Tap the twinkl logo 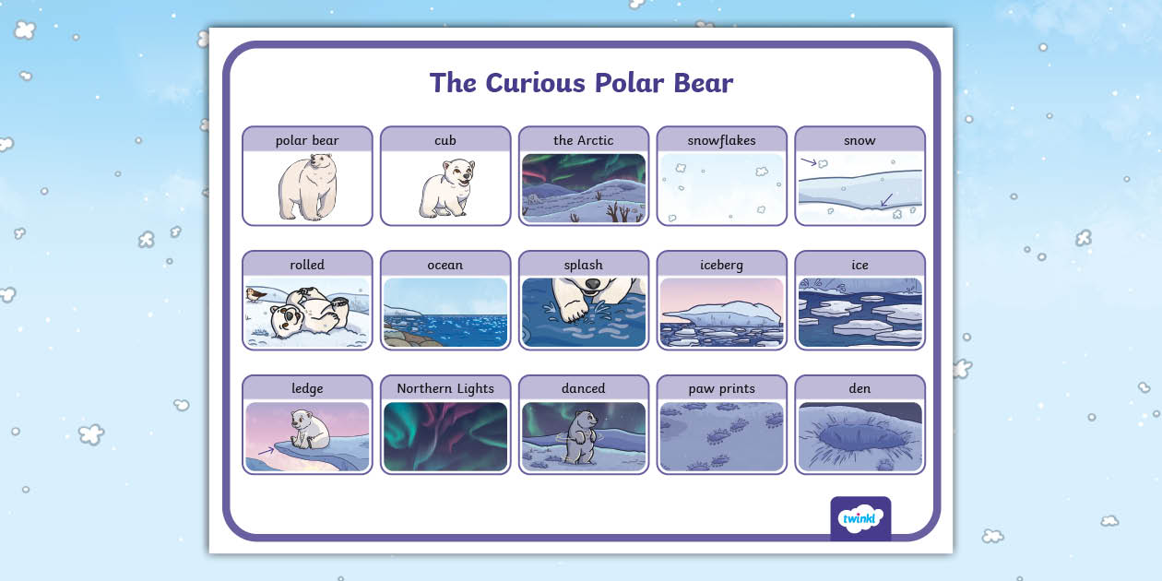pos(860,517)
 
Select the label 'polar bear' pos(307,140)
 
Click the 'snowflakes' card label pos(721,140)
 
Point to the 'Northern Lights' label pos(445,388)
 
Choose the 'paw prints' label pos(721,388)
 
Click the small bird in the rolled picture pos(255,295)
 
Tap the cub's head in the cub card pos(458,172)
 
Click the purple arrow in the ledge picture pos(267,451)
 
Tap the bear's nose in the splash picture pos(592,284)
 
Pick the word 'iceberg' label pos(721,265)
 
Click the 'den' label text pos(860,388)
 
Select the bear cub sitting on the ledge pos(310,429)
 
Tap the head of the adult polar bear pos(322,167)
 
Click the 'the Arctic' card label pos(583,140)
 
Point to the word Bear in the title pos(704,83)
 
